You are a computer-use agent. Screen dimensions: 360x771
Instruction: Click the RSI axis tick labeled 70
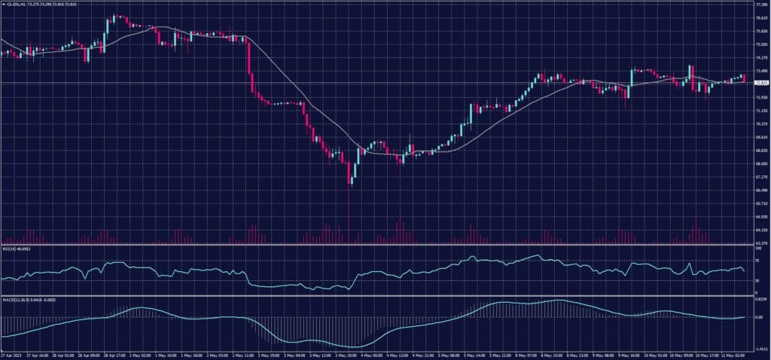756,260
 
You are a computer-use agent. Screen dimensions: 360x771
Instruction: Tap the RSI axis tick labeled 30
756,281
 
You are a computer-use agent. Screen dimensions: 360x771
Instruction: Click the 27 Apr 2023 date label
11,354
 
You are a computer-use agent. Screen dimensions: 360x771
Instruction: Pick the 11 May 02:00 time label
732,354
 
